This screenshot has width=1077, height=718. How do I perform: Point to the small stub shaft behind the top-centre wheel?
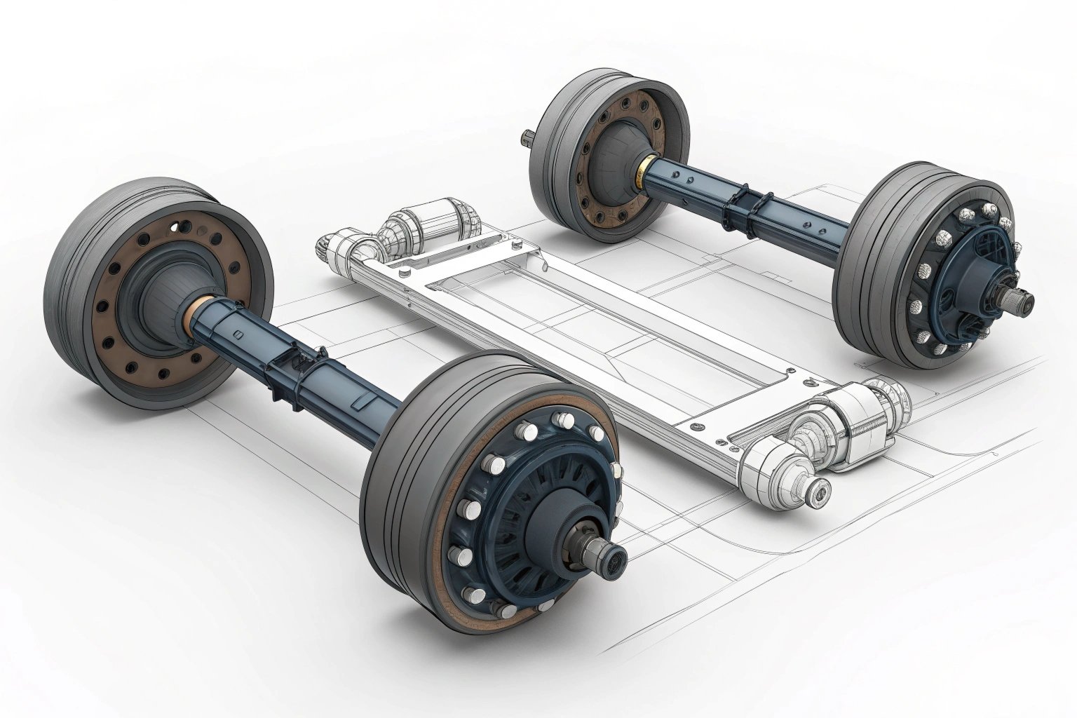(x=527, y=137)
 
